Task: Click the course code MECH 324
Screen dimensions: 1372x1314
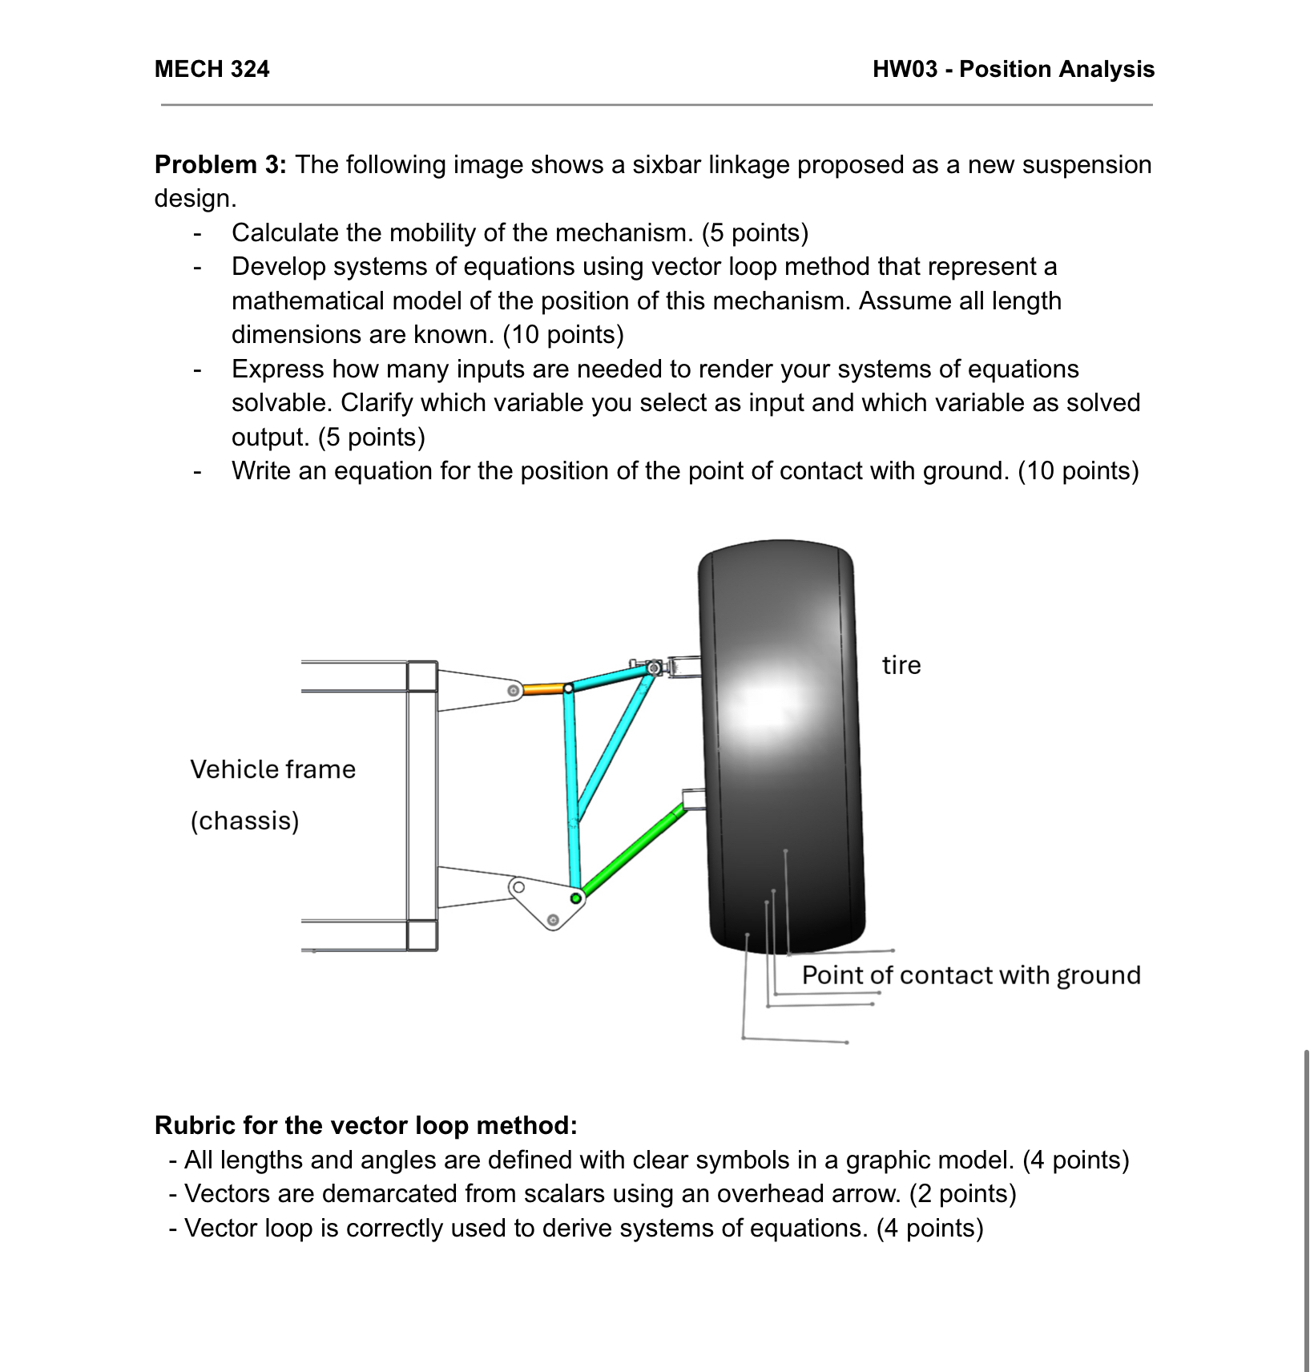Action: tap(212, 69)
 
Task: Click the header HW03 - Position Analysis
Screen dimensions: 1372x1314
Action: tap(1013, 69)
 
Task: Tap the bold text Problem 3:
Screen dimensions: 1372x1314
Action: tap(220, 164)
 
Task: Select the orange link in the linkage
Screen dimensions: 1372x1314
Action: tap(544, 688)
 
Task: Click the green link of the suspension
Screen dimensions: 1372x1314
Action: tap(632, 851)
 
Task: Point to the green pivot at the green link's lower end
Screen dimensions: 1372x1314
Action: tap(576, 898)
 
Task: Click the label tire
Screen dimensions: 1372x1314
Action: tap(901, 665)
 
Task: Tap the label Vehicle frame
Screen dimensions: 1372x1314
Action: tap(272, 769)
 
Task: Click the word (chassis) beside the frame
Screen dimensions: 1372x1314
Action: tap(244, 821)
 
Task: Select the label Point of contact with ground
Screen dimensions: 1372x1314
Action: tap(971, 975)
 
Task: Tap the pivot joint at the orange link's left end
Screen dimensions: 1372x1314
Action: tap(513, 689)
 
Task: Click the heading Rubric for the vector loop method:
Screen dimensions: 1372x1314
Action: tap(365, 1125)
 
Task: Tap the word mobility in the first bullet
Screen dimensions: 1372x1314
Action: tap(460, 232)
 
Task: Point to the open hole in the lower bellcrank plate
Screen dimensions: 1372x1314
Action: tap(518, 887)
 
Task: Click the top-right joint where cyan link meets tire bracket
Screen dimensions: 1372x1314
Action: tap(654, 667)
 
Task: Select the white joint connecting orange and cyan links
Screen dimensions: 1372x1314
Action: tap(568, 688)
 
